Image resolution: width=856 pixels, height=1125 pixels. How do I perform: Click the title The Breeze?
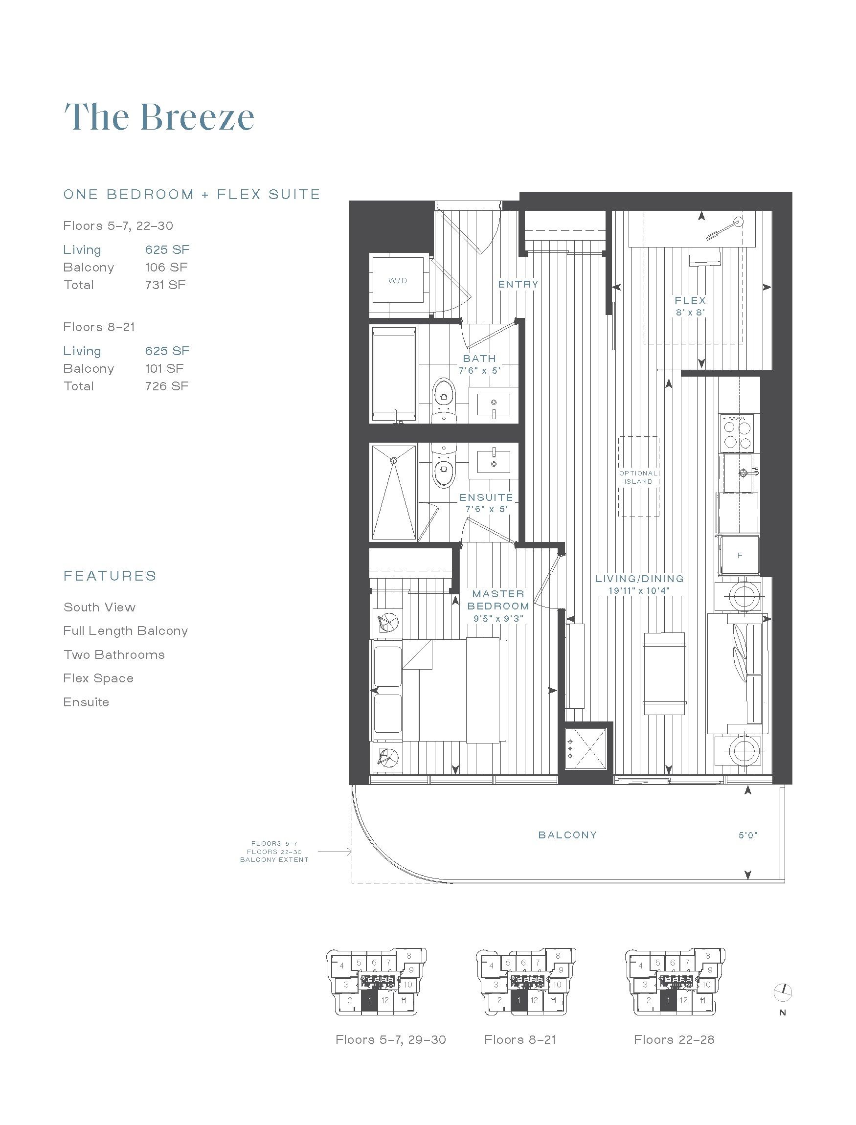pyautogui.click(x=159, y=117)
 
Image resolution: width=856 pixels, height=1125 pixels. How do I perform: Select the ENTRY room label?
pyautogui.click(x=518, y=284)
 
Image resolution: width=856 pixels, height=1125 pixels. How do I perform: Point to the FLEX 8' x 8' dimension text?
pyautogui.click(x=690, y=313)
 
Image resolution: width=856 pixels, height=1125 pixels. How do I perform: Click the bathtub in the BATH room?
pyautogui.click(x=394, y=375)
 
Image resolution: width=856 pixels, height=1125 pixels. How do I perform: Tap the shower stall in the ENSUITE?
pyautogui.click(x=394, y=492)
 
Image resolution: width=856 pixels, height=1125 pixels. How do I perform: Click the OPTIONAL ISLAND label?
pyautogui.click(x=638, y=477)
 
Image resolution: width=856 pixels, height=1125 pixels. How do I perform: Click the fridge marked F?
pyautogui.click(x=739, y=555)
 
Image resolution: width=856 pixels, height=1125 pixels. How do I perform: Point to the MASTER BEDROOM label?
pyautogui.click(x=498, y=600)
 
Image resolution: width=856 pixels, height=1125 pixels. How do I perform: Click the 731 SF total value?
pyautogui.click(x=166, y=285)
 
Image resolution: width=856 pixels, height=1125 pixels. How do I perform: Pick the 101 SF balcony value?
pyautogui.click(x=164, y=368)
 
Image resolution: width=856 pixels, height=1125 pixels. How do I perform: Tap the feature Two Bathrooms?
pyautogui.click(x=114, y=655)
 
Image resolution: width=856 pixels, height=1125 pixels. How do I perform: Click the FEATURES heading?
pyautogui.click(x=110, y=576)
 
